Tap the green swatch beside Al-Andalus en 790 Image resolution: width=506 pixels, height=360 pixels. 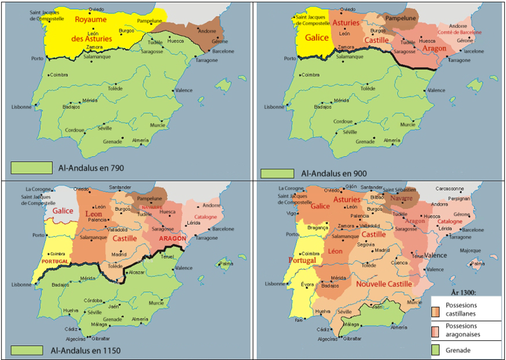click(31, 167)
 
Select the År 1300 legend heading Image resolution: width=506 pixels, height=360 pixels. click(466, 293)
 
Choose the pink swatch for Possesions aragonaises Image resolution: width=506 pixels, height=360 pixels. click(436, 330)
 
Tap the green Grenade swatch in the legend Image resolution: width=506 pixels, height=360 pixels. click(436, 349)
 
